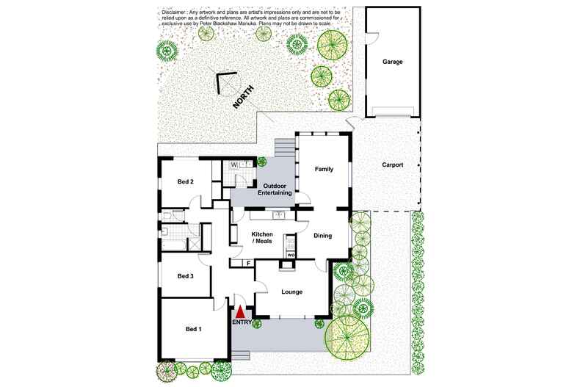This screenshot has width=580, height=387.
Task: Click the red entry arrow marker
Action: tap(239, 312)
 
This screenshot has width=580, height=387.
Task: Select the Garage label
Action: tap(392, 62)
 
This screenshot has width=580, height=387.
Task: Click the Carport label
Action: tap(393, 165)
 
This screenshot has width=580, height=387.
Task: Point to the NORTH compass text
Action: tap(243, 98)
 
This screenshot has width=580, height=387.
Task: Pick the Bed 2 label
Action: tap(185, 181)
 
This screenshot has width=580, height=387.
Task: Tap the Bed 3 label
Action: tap(186, 276)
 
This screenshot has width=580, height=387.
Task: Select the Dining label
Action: tap(323, 236)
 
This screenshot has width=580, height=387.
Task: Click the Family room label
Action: tap(324, 169)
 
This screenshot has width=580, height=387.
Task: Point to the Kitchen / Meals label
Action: tap(253, 237)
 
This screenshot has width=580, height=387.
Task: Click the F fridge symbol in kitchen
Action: tap(248, 263)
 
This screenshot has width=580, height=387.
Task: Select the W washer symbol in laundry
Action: tap(234, 165)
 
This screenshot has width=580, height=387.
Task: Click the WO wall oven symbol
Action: tap(291, 255)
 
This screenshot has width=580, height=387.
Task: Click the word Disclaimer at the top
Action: tap(173, 12)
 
